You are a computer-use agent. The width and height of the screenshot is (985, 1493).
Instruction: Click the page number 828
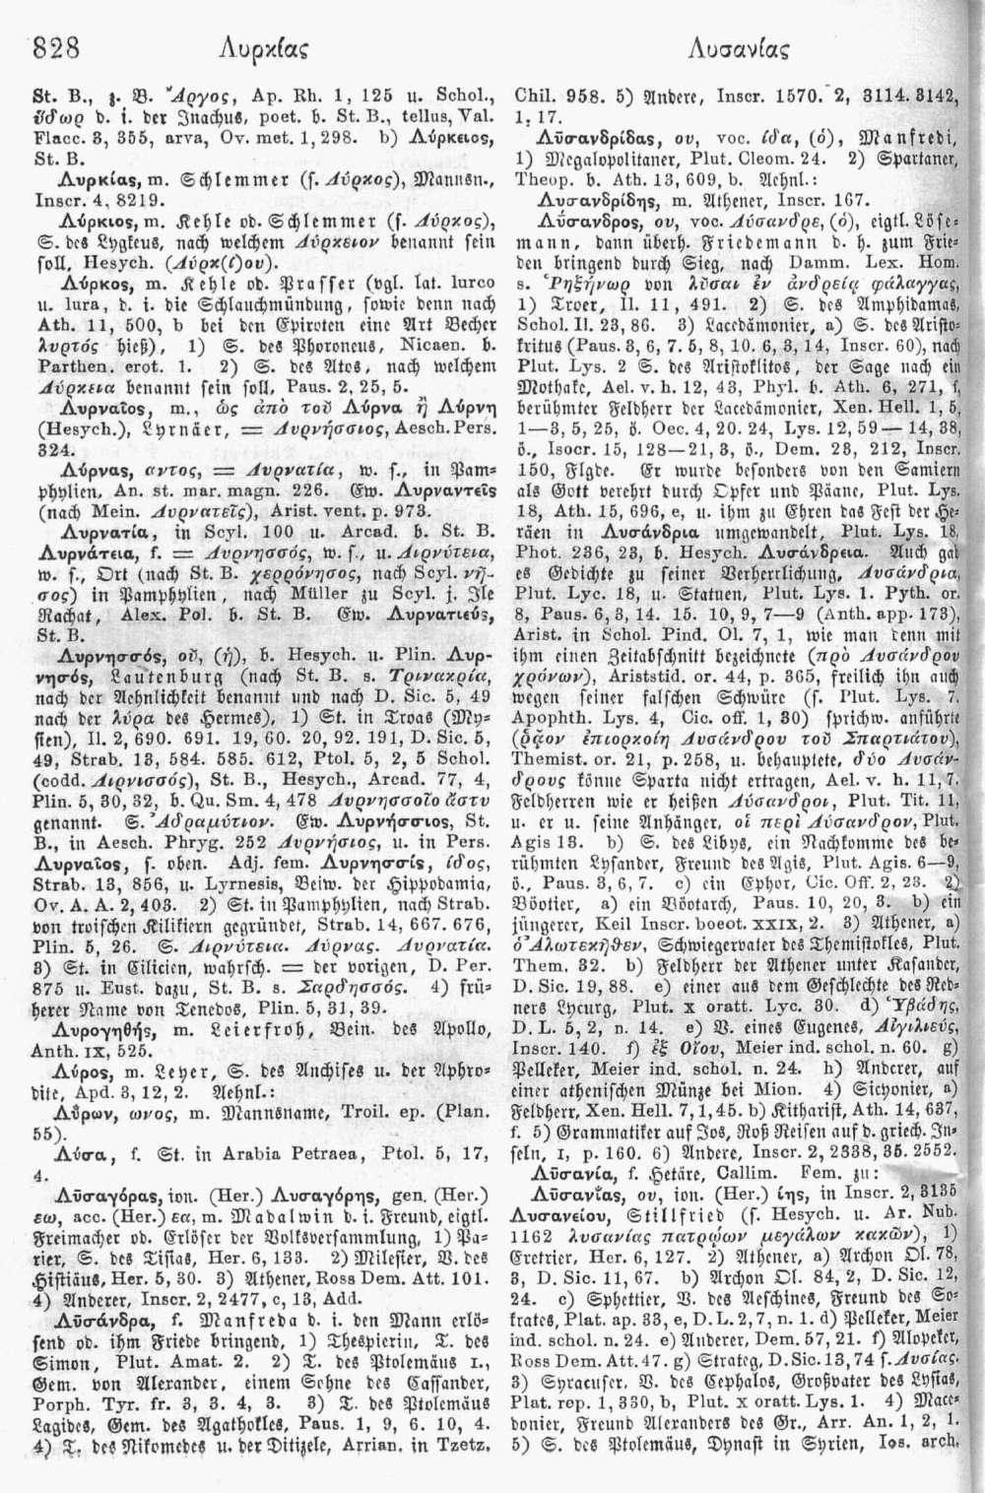click(56, 45)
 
